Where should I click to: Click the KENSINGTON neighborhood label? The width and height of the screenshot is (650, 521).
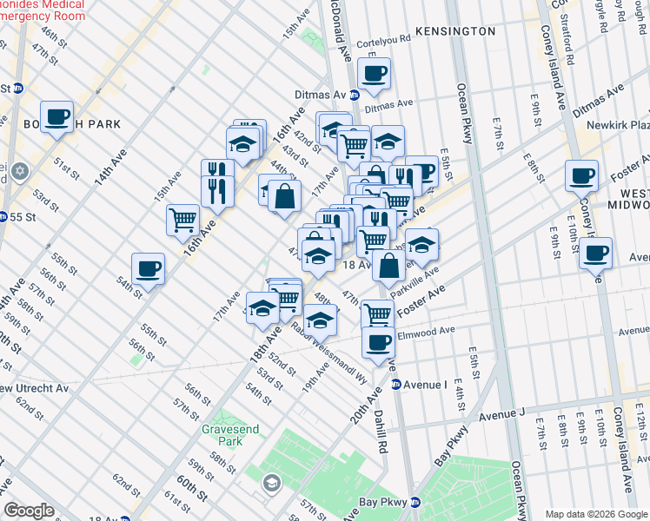[x=455, y=31]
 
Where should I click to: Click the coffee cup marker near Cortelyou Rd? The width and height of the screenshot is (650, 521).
[x=374, y=74]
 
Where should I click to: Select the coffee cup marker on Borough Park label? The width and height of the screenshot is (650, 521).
[x=56, y=116]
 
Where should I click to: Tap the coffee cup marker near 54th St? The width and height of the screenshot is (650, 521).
[x=148, y=268]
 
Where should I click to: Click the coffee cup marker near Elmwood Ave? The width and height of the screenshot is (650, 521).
[x=378, y=342]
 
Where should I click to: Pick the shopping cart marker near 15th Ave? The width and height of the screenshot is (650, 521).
[x=182, y=219]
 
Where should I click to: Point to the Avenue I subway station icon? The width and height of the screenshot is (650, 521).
[x=396, y=384]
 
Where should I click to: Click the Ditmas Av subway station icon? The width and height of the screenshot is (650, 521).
[x=355, y=95]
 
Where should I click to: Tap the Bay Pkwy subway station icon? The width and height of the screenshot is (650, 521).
[x=415, y=502]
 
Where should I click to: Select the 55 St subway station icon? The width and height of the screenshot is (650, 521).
[x=5, y=216]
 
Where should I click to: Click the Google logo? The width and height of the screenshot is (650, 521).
[x=28, y=511]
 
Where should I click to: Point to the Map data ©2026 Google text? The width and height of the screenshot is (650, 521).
[x=596, y=514]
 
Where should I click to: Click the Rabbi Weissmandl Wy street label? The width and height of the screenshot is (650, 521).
[x=330, y=353]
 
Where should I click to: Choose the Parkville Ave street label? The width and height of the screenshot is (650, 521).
[x=415, y=281]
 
